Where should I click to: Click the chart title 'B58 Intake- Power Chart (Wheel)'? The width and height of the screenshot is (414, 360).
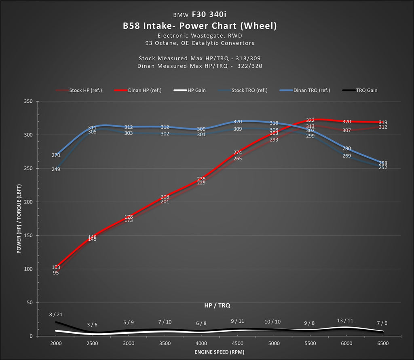200,26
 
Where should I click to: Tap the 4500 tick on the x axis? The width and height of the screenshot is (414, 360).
237,343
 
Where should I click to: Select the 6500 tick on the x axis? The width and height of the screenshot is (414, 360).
382,343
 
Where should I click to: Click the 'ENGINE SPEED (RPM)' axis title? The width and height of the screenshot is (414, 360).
219,352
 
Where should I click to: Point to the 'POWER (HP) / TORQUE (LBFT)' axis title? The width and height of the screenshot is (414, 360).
19,219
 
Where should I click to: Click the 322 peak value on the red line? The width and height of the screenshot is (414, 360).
310,120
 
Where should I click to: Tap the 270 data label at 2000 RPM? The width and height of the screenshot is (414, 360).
56,155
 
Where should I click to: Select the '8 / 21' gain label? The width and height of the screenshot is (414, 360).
56,314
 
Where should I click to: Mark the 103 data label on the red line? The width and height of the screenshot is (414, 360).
56,267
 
